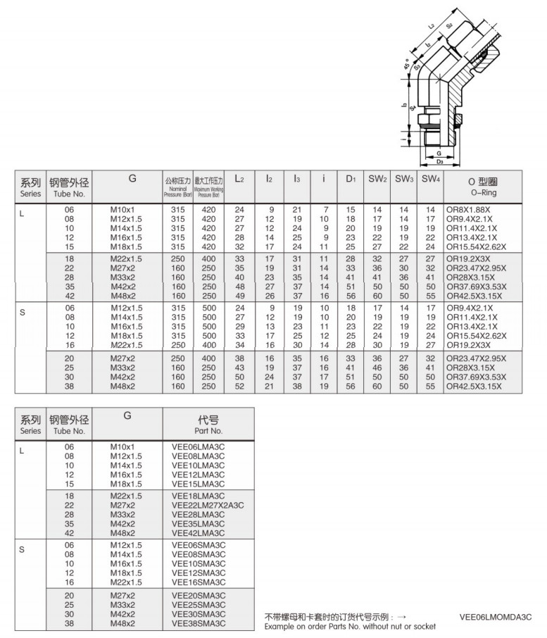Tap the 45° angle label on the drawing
(408, 65)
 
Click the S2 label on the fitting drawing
(449, 26)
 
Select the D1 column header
(351, 180)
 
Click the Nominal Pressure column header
(177, 186)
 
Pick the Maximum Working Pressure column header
(208, 186)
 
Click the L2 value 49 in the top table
(239, 296)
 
